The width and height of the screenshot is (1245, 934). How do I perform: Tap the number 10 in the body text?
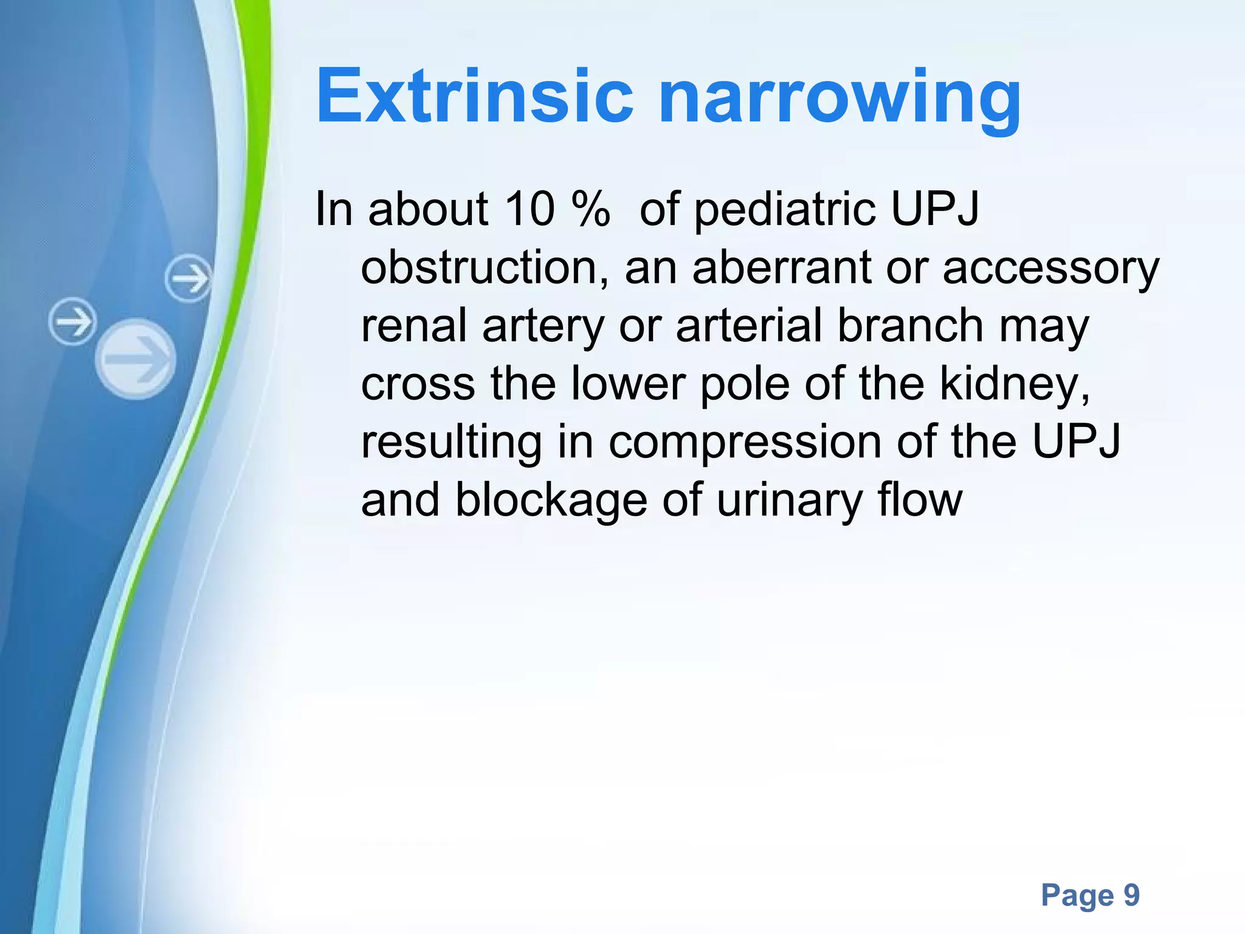pyautogui.click(x=529, y=209)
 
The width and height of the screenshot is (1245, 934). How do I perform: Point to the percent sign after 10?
pyautogui.click(x=590, y=209)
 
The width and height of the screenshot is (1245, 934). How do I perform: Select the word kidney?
pyautogui.click(x=1014, y=386)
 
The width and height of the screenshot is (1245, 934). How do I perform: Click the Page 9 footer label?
pyautogui.click(x=1090, y=895)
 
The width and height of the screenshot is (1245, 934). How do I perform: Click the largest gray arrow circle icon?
pyautogui.click(x=136, y=359)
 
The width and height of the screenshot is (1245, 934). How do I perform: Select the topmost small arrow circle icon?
pyautogui.click(x=188, y=278)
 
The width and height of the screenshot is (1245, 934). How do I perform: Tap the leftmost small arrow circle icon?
pyautogui.click(x=72, y=321)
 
